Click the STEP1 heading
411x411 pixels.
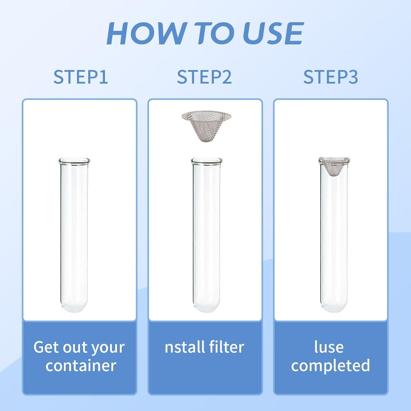coord(81,77)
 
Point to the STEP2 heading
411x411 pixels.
coord(204,77)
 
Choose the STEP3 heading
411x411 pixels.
coord(330,77)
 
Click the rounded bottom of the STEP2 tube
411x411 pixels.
coord(207,306)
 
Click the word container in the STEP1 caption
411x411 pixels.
coord(81,366)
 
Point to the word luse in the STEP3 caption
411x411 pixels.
coord(329,347)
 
